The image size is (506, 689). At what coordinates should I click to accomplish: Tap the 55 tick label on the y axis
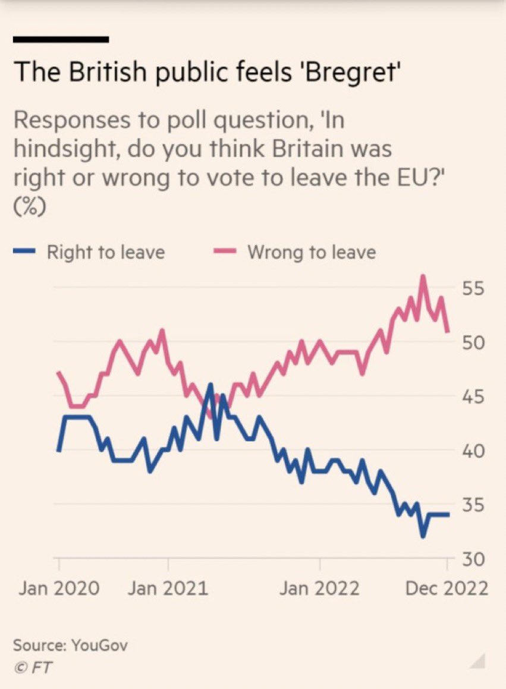point(473,288)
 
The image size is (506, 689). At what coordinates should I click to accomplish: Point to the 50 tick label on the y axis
point(473,343)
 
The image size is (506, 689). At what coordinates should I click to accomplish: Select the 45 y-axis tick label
point(473,397)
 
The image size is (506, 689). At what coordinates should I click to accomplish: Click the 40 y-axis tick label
point(473,451)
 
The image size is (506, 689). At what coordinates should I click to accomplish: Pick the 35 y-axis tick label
point(473,505)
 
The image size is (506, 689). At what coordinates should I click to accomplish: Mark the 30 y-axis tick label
point(473,559)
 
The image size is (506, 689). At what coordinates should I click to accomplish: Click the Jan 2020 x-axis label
point(59,589)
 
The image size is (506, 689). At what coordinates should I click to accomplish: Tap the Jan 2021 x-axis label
point(168,589)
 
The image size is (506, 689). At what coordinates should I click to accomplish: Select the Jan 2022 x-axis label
point(320,589)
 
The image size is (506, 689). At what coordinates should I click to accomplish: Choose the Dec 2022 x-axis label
point(447,589)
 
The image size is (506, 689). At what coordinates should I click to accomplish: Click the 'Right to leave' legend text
point(105,252)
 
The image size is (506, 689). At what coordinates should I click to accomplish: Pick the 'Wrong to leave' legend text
point(312,252)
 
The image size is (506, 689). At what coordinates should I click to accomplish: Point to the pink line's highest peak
point(423,276)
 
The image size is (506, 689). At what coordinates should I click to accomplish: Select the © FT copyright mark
point(32,667)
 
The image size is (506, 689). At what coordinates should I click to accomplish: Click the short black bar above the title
point(61,40)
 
